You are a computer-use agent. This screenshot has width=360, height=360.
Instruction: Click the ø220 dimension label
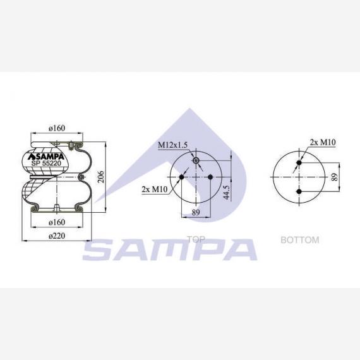pos(57,236)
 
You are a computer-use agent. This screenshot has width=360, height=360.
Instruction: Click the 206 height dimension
pos(101,177)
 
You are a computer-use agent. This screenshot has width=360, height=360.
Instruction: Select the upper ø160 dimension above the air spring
pos(57,128)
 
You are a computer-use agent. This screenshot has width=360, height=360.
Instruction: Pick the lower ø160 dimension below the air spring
pos(57,222)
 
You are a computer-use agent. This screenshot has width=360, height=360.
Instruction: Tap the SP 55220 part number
pos(46,163)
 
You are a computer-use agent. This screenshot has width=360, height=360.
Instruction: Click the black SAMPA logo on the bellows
pos(46,157)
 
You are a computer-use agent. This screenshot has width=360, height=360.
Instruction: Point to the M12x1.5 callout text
pos(172,145)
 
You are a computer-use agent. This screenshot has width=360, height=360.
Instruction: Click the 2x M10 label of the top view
pos(155,189)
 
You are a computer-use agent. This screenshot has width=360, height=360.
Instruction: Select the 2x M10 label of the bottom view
pos(323,142)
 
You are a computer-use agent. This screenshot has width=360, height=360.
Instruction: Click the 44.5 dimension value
pos(226,192)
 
